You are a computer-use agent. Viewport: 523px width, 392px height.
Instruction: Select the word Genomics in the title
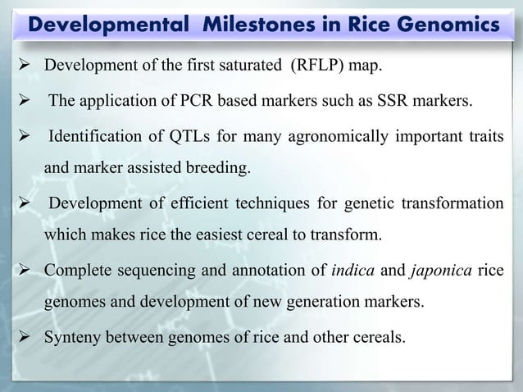pos(448,25)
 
